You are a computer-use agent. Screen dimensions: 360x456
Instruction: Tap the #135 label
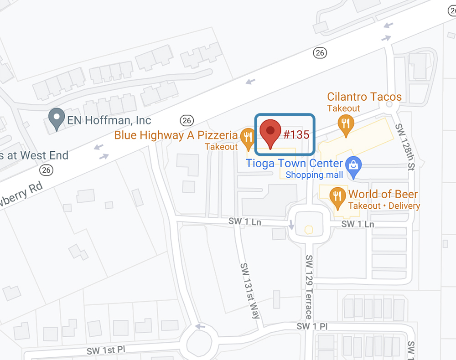(x=296, y=134)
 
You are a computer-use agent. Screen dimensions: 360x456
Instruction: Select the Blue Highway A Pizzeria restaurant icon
(x=248, y=138)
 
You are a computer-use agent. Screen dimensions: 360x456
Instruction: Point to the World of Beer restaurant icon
(x=337, y=196)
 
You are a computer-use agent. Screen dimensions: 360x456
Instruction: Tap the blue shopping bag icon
(x=353, y=166)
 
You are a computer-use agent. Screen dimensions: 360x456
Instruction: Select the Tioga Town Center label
(x=294, y=163)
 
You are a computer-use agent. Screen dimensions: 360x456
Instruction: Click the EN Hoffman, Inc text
(x=109, y=120)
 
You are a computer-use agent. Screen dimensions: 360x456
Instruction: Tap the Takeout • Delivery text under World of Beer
(x=384, y=206)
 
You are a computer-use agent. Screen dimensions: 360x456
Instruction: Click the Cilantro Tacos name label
(x=364, y=97)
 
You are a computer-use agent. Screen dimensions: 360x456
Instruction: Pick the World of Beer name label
(x=383, y=194)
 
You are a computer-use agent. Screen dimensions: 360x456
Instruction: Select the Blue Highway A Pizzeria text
(x=176, y=135)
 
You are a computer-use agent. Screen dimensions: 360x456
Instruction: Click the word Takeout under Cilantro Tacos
(x=343, y=108)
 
